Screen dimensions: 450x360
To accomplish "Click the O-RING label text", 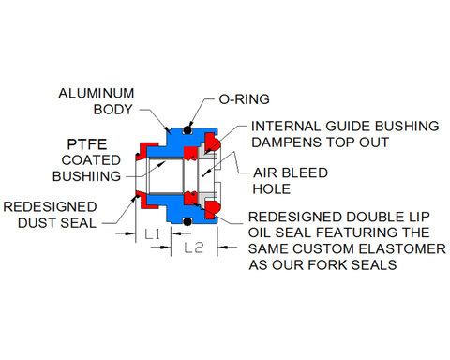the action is pos(244,99).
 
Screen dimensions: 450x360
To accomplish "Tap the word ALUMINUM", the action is pos(97,93).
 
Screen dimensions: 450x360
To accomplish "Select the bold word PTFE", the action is pos(87,144).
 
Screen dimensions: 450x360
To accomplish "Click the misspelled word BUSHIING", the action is pos(86,176).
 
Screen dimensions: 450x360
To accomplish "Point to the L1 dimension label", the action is pos(153,233).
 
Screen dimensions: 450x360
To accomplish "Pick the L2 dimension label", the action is pos(194,247).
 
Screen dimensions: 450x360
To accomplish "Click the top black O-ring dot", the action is pos(187,129).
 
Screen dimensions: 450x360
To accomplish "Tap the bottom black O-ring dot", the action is pos(187,221).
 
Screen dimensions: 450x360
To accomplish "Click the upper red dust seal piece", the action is pos(147,149).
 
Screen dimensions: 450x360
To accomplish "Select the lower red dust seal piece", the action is pos(146,201).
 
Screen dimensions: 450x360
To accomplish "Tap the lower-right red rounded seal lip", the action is pos(213,209).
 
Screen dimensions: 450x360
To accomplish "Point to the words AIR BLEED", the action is pos(291,172).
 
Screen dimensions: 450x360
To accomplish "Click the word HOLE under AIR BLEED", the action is pos(272,189).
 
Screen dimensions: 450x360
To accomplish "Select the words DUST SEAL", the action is pos(57,223).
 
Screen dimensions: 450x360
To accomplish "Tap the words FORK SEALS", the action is pos(352,265).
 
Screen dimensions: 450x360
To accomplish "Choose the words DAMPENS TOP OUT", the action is pos(321,142).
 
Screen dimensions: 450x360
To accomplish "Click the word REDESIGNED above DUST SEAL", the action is pos(50,207).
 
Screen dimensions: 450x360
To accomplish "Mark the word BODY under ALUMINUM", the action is pos(113,110).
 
